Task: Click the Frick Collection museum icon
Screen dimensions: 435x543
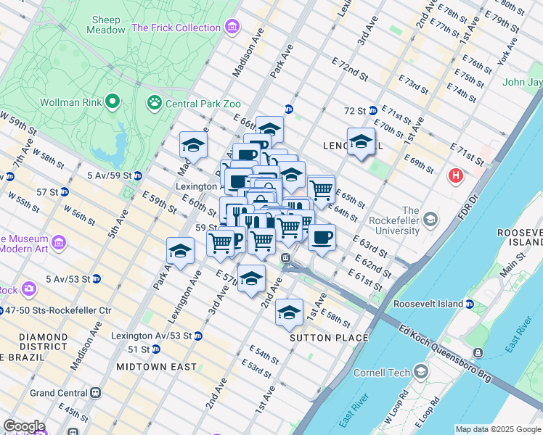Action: (x=232, y=28)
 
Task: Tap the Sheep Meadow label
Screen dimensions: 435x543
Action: (x=105, y=25)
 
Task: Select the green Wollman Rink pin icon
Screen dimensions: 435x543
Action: (x=112, y=102)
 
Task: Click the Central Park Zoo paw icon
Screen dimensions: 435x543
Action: (x=154, y=103)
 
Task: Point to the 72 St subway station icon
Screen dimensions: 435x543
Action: (x=372, y=110)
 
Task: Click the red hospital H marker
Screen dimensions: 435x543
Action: (x=456, y=175)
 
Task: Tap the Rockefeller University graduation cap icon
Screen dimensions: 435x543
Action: (x=431, y=218)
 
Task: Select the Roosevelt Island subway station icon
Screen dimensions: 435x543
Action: (x=470, y=304)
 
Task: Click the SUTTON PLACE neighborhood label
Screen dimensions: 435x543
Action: (x=329, y=338)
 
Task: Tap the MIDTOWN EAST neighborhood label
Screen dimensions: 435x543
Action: (x=156, y=367)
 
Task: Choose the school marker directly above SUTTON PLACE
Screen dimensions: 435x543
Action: (x=289, y=312)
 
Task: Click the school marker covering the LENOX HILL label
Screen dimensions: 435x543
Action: (x=361, y=142)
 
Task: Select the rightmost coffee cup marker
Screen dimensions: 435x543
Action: (x=322, y=236)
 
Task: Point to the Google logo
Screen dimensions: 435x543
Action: (x=24, y=426)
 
